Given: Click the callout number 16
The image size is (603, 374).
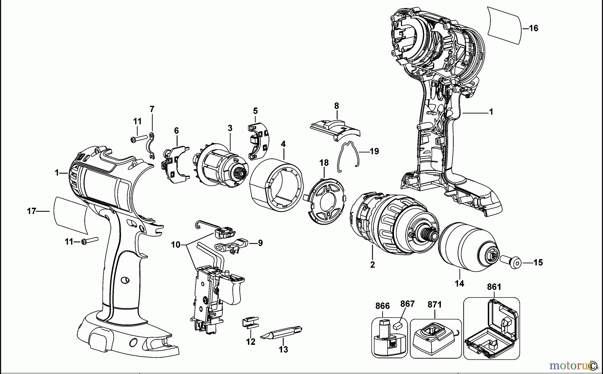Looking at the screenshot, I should pos(533,28).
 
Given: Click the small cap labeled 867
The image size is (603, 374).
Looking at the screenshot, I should pos(398,324).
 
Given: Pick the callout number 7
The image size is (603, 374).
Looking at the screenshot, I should pos(152,109).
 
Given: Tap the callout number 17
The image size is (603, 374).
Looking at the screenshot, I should pos(31,211).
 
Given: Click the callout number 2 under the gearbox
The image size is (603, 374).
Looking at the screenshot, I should pos(373,265).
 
